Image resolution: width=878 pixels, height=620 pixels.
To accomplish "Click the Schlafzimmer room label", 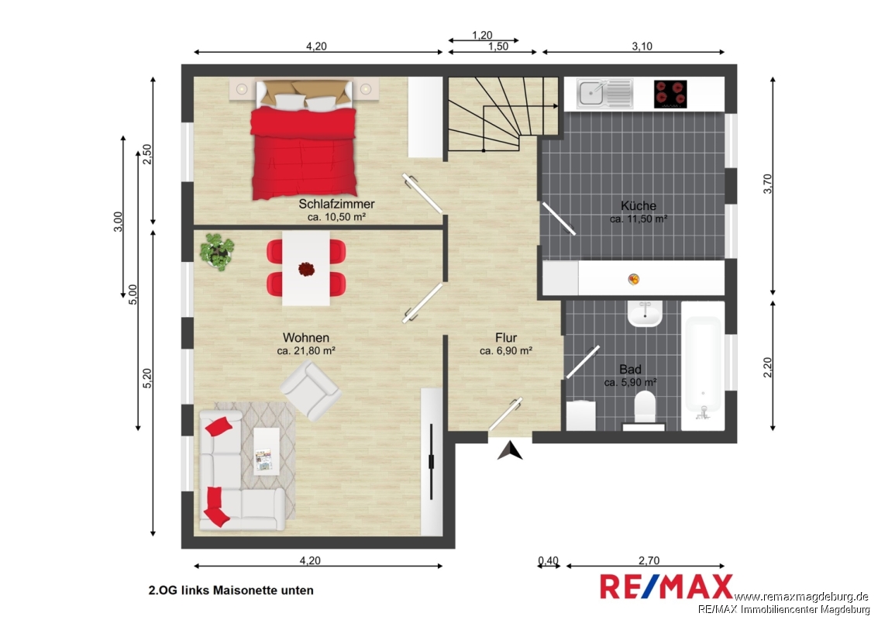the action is (336, 204).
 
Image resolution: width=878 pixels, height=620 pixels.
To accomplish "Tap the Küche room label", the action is (639, 205).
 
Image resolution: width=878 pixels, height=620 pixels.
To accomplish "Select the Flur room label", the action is (505, 338).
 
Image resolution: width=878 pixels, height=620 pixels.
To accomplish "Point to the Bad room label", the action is (630, 369).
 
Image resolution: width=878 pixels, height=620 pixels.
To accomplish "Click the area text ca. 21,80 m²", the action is (306, 351).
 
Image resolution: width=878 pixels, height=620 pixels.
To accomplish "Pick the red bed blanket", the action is (304, 153).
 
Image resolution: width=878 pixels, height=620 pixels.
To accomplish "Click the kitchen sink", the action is (604, 93).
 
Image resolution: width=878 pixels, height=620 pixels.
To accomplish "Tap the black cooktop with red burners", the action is (670, 94).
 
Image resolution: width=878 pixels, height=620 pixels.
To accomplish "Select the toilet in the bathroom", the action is (645, 409).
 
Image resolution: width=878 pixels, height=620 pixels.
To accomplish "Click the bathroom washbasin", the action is (645, 314).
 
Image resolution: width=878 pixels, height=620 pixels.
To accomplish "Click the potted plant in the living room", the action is (217, 251).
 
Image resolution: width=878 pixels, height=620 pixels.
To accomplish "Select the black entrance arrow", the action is (510, 451).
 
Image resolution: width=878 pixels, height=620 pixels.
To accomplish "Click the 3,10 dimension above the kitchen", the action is (642, 46).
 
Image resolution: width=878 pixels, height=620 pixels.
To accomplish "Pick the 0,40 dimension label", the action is (548, 560).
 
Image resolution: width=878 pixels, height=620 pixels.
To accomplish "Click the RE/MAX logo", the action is (666, 587).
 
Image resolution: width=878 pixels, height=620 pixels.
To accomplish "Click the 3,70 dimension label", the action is (768, 184).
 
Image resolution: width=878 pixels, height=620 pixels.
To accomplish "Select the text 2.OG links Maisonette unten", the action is (231, 591).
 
